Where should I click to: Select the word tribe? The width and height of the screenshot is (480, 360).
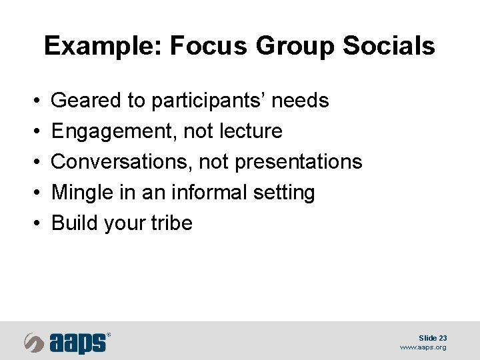pos(173,223)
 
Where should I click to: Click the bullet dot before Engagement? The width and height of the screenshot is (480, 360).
pos(35,132)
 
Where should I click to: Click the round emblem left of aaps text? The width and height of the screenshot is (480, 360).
pos(35,342)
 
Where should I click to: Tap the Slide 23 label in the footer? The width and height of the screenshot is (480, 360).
pos(433,338)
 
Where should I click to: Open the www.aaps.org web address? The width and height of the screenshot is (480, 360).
pos(423,347)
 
